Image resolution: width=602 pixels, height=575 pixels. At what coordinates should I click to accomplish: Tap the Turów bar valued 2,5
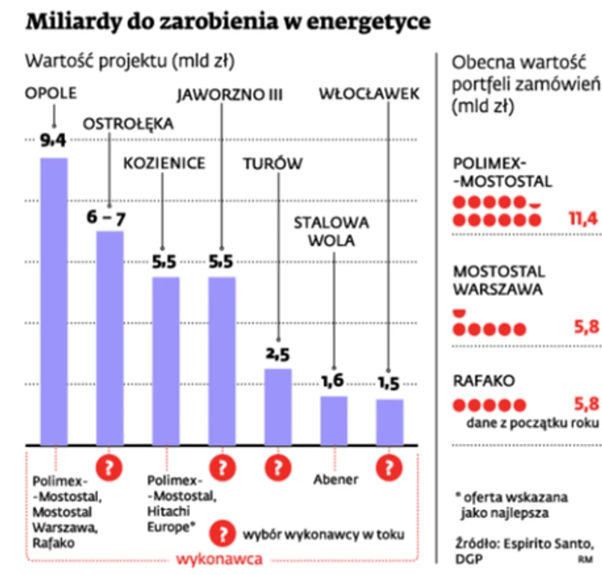click(278, 407)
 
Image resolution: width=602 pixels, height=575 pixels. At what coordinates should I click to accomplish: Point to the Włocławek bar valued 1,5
click(390, 422)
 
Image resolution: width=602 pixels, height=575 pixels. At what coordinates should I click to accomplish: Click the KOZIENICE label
click(164, 163)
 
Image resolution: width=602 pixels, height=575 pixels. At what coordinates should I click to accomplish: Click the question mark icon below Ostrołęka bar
click(111, 468)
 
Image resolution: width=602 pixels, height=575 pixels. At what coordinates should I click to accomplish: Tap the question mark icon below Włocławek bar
click(390, 468)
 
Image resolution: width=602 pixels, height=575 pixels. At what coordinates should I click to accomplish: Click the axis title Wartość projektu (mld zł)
click(135, 61)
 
